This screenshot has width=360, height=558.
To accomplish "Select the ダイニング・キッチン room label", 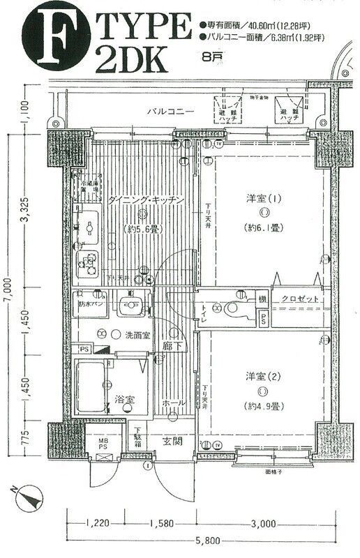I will point(145,200).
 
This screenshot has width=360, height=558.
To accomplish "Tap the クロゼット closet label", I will point(301,299).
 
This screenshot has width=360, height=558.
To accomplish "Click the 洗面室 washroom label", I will point(137,335).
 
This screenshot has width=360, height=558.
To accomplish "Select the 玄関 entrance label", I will point(173,440).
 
